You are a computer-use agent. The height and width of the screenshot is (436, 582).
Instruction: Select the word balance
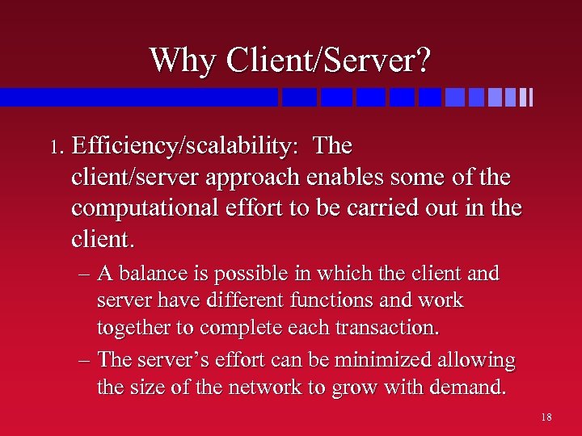pos(150,275)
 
